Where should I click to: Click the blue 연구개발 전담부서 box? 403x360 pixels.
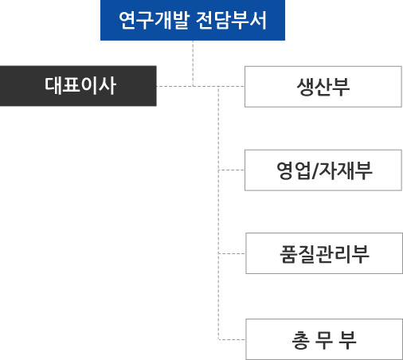[193, 20]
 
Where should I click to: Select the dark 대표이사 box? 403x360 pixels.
[78, 86]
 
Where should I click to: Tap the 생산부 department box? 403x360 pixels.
[323, 87]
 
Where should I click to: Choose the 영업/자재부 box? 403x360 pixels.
[323, 170]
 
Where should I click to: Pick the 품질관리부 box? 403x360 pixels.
[324, 253]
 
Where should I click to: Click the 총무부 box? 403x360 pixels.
[324, 339]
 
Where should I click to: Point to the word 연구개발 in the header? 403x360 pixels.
[155, 20]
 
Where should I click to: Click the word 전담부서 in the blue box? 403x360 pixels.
[231, 20]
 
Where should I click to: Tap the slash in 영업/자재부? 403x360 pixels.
[315, 170]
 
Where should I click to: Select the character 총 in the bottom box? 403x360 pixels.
[301, 340]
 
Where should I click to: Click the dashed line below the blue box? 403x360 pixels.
[193, 64]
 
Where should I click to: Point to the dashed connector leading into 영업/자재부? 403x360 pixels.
[232, 170]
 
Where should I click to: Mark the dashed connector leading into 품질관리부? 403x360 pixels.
[232, 253]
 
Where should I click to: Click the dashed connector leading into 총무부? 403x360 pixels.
[232, 339]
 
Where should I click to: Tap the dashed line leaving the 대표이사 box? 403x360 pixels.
[201, 86]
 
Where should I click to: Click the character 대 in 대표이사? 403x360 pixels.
[53, 85]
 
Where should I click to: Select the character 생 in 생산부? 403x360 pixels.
[305, 87]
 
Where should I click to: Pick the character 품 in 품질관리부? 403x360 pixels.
[288, 254]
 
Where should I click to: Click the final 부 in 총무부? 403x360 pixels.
[347, 340]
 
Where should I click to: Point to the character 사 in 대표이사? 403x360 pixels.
[108, 85]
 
